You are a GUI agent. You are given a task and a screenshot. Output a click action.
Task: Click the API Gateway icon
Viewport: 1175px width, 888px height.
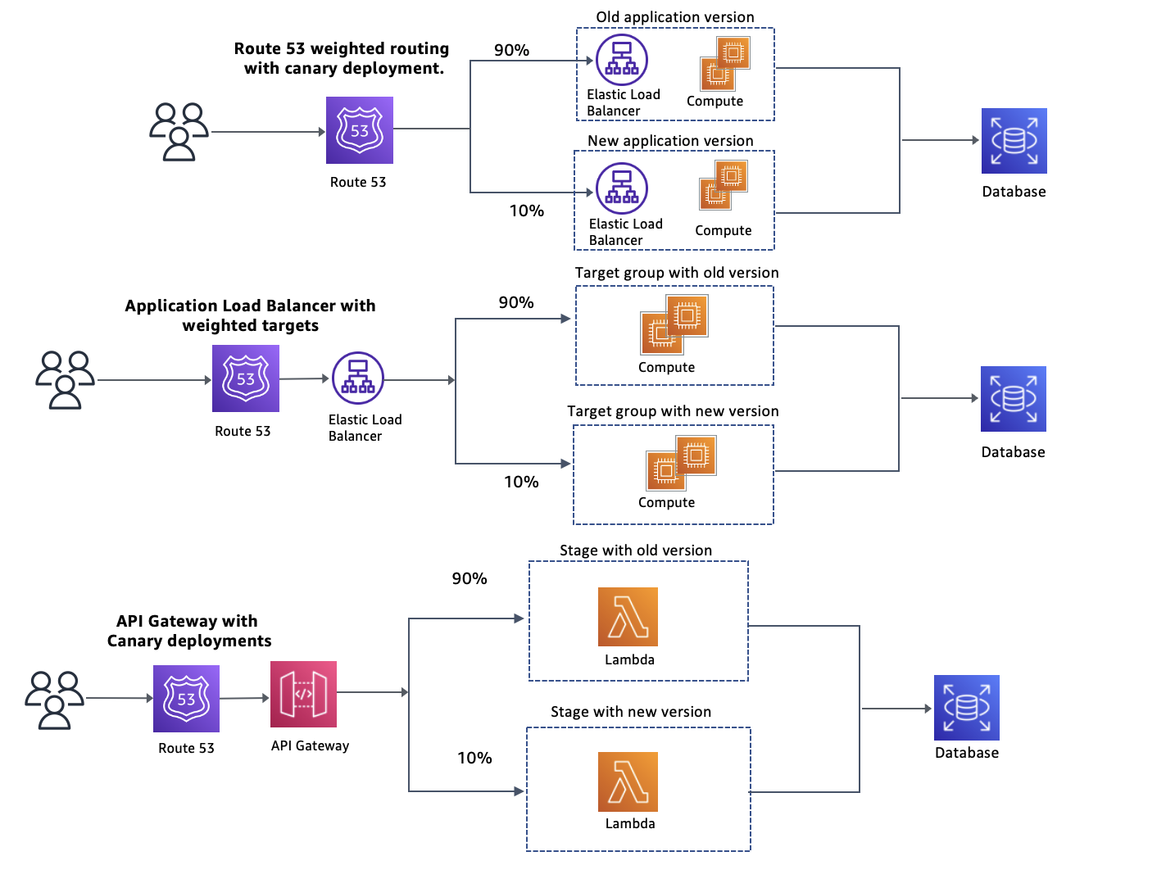click(x=303, y=694)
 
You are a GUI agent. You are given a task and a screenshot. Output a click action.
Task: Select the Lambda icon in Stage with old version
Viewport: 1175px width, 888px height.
click(x=628, y=617)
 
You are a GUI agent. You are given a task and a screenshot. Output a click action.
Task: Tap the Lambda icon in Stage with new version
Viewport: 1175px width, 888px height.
click(x=628, y=782)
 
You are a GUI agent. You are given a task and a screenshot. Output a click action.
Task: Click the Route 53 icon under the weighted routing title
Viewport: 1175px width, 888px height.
click(x=360, y=130)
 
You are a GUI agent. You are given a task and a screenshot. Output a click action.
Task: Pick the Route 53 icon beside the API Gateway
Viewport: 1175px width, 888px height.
click(x=186, y=699)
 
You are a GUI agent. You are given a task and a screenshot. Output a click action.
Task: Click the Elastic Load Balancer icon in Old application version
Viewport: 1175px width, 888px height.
click(x=621, y=60)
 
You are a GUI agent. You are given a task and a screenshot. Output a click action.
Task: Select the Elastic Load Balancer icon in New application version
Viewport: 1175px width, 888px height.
click(x=621, y=188)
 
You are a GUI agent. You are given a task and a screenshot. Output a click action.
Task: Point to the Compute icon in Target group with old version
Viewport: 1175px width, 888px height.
click(x=674, y=325)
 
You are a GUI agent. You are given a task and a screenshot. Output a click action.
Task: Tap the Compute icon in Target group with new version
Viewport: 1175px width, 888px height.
click(x=681, y=462)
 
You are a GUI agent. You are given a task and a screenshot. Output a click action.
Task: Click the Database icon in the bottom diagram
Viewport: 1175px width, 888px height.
click(x=967, y=708)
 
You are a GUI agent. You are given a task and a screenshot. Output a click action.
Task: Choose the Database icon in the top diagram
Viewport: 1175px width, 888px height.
click(x=1014, y=141)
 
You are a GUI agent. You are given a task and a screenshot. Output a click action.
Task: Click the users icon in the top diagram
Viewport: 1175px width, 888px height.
click(x=179, y=132)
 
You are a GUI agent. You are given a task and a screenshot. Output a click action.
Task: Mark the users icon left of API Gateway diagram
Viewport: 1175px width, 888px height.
click(x=54, y=700)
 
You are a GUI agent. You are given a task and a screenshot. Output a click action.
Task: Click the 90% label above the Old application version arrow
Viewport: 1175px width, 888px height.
click(x=511, y=50)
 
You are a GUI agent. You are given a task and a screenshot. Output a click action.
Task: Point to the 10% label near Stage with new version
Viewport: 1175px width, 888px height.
click(x=474, y=758)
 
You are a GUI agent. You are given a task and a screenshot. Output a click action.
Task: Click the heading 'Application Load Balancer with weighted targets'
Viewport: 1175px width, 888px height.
click(x=250, y=315)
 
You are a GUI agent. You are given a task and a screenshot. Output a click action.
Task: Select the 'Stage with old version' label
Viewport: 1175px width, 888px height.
click(x=636, y=550)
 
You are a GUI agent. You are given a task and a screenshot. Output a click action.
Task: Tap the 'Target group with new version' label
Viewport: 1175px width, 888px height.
click(x=673, y=411)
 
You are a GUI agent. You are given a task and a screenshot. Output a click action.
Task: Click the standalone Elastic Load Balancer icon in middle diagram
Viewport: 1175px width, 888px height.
click(x=358, y=378)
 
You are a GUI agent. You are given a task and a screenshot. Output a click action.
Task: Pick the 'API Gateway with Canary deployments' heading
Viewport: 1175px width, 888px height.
click(x=188, y=631)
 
